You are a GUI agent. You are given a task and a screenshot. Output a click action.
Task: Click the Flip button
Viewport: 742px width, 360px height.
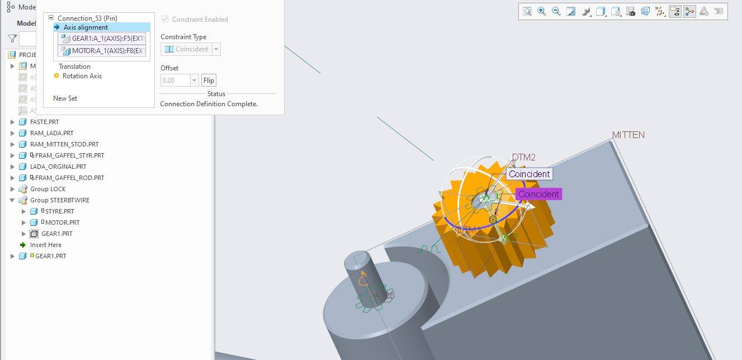pos(209,80)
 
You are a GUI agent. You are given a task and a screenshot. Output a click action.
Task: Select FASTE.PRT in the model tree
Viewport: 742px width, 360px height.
pos(44,122)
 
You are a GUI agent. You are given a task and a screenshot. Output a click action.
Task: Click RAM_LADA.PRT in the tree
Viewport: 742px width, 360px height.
pos(51,133)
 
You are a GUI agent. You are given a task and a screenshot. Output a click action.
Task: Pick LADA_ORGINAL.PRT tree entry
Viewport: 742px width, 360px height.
pos(58,167)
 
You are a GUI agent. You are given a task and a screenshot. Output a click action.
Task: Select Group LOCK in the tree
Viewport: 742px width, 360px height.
pos(48,189)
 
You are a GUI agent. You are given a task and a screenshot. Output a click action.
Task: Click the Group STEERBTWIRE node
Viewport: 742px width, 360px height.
pos(59,200)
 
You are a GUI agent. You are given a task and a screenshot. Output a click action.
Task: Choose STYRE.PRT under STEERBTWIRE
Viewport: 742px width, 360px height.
pos(59,211)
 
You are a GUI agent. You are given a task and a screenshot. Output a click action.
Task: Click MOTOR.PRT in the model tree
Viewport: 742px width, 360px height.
pos(62,222)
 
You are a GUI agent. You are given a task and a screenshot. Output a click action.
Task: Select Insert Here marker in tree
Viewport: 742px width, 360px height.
pos(45,245)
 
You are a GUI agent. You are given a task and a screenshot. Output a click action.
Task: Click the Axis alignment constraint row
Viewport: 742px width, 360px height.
pos(86,27)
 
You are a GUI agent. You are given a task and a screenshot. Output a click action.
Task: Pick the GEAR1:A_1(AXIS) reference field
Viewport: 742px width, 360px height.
pos(102,38)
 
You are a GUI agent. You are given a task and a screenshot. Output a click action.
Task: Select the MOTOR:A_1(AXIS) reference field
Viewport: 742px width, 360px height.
pos(102,51)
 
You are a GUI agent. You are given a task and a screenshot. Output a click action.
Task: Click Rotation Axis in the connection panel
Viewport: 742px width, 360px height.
pos(82,76)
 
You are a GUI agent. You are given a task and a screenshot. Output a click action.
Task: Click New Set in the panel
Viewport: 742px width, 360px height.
pos(65,98)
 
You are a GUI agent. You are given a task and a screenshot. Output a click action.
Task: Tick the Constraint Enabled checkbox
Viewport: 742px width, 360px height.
pos(164,20)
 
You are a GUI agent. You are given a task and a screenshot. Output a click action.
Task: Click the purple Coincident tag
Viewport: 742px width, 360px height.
pos(538,194)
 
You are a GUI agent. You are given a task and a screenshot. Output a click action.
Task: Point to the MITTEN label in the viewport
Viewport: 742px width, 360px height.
pos(628,135)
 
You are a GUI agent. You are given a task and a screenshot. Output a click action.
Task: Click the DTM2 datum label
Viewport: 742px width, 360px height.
pos(524,158)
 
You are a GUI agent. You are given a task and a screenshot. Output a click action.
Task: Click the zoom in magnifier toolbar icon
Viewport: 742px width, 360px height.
pos(541,11)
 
